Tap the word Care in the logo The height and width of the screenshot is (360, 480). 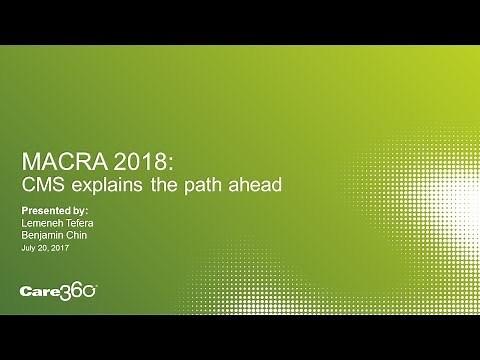click(42, 293)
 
